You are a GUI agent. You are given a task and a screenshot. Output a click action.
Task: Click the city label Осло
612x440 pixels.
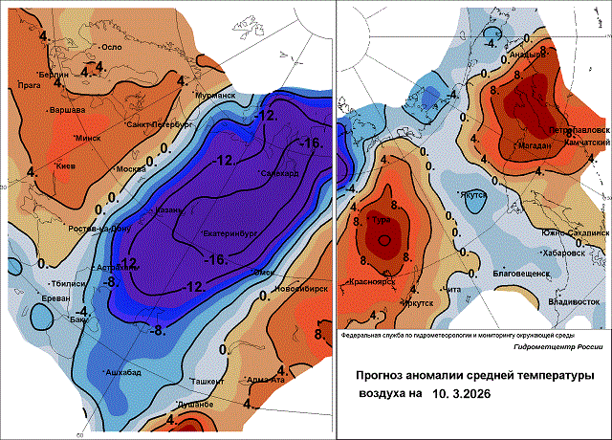pos(113,47)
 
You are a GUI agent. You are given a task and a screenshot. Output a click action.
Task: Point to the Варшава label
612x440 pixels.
pos(69,110)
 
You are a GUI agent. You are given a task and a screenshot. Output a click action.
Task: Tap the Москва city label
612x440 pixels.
pos(130,169)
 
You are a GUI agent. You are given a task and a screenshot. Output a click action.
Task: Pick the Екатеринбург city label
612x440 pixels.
pos(234,233)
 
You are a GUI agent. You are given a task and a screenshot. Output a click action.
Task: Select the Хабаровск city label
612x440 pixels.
pos(562,253)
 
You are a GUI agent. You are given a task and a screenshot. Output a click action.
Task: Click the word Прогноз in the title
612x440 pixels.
pos(382,376)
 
